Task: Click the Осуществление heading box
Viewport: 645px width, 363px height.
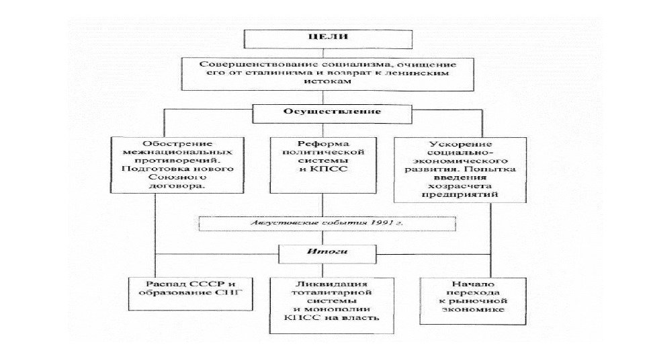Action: [x=321, y=112]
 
